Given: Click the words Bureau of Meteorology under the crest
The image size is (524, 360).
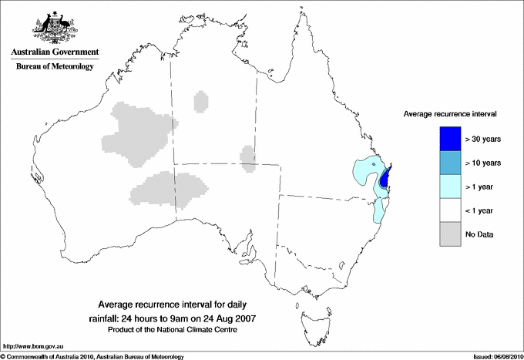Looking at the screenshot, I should click(x=55, y=67).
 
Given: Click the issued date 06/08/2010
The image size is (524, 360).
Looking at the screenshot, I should click(x=504, y=356).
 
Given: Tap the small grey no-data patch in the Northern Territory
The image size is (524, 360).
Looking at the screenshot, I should click(x=201, y=101).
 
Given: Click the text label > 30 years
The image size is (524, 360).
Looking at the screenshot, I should click(x=483, y=139).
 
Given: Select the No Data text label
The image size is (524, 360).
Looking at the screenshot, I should click(x=479, y=234).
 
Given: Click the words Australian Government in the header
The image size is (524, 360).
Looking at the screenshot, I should click(x=55, y=52).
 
